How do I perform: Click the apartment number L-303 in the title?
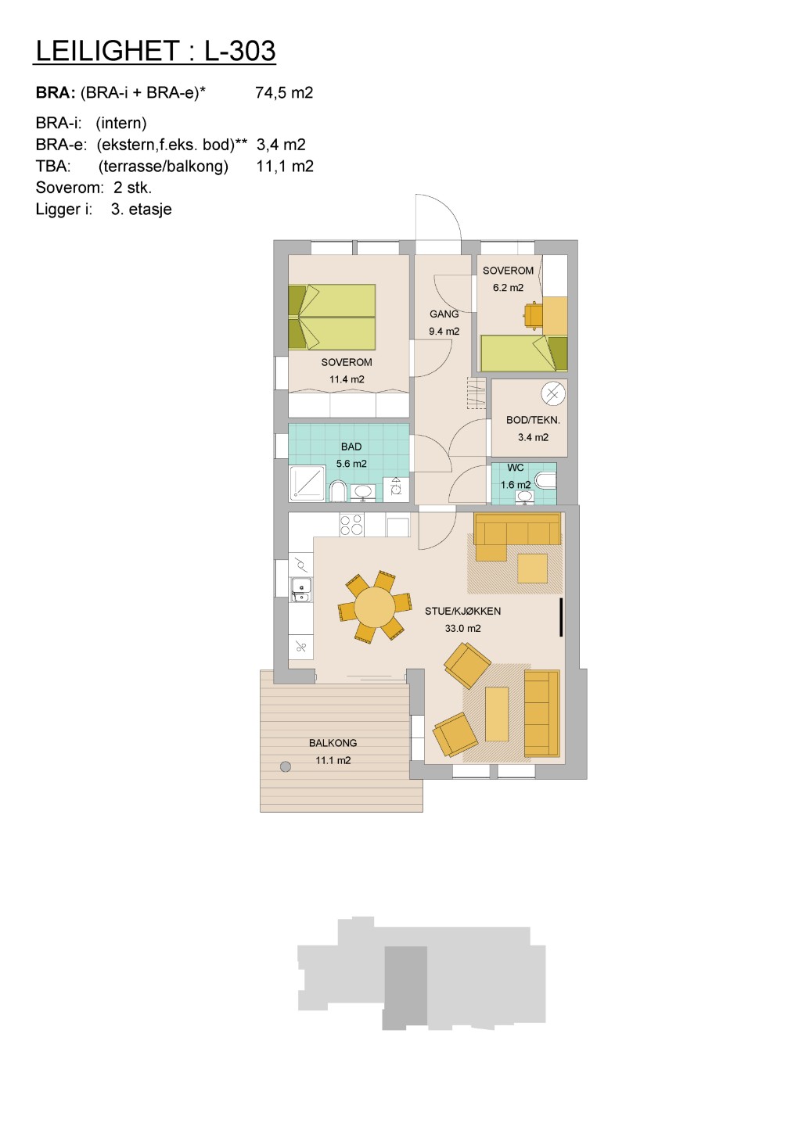click(x=239, y=51)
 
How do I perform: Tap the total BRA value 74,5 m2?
click(x=284, y=92)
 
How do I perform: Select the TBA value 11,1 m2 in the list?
click(x=285, y=166)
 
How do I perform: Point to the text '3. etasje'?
click(x=142, y=209)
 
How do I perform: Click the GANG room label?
click(x=444, y=314)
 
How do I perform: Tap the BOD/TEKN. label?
click(x=533, y=420)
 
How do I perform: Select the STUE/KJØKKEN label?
click(x=462, y=611)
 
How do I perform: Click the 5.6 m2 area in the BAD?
click(x=351, y=464)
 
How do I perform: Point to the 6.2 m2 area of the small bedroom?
click(x=508, y=288)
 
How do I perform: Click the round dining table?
click(x=375, y=607)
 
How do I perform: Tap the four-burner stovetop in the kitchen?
click(x=351, y=525)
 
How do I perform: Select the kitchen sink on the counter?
click(x=301, y=590)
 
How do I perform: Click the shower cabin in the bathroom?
click(x=307, y=483)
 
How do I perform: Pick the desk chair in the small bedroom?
click(x=534, y=315)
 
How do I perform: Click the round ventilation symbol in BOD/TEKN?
click(x=552, y=393)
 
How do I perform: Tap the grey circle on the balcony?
click(x=286, y=766)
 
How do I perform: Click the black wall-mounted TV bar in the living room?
click(x=561, y=617)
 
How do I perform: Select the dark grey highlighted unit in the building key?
click(x=405, y=988)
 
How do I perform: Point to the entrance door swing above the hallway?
click(x=438, y=217)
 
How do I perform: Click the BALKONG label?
click(x=333, y=743)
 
